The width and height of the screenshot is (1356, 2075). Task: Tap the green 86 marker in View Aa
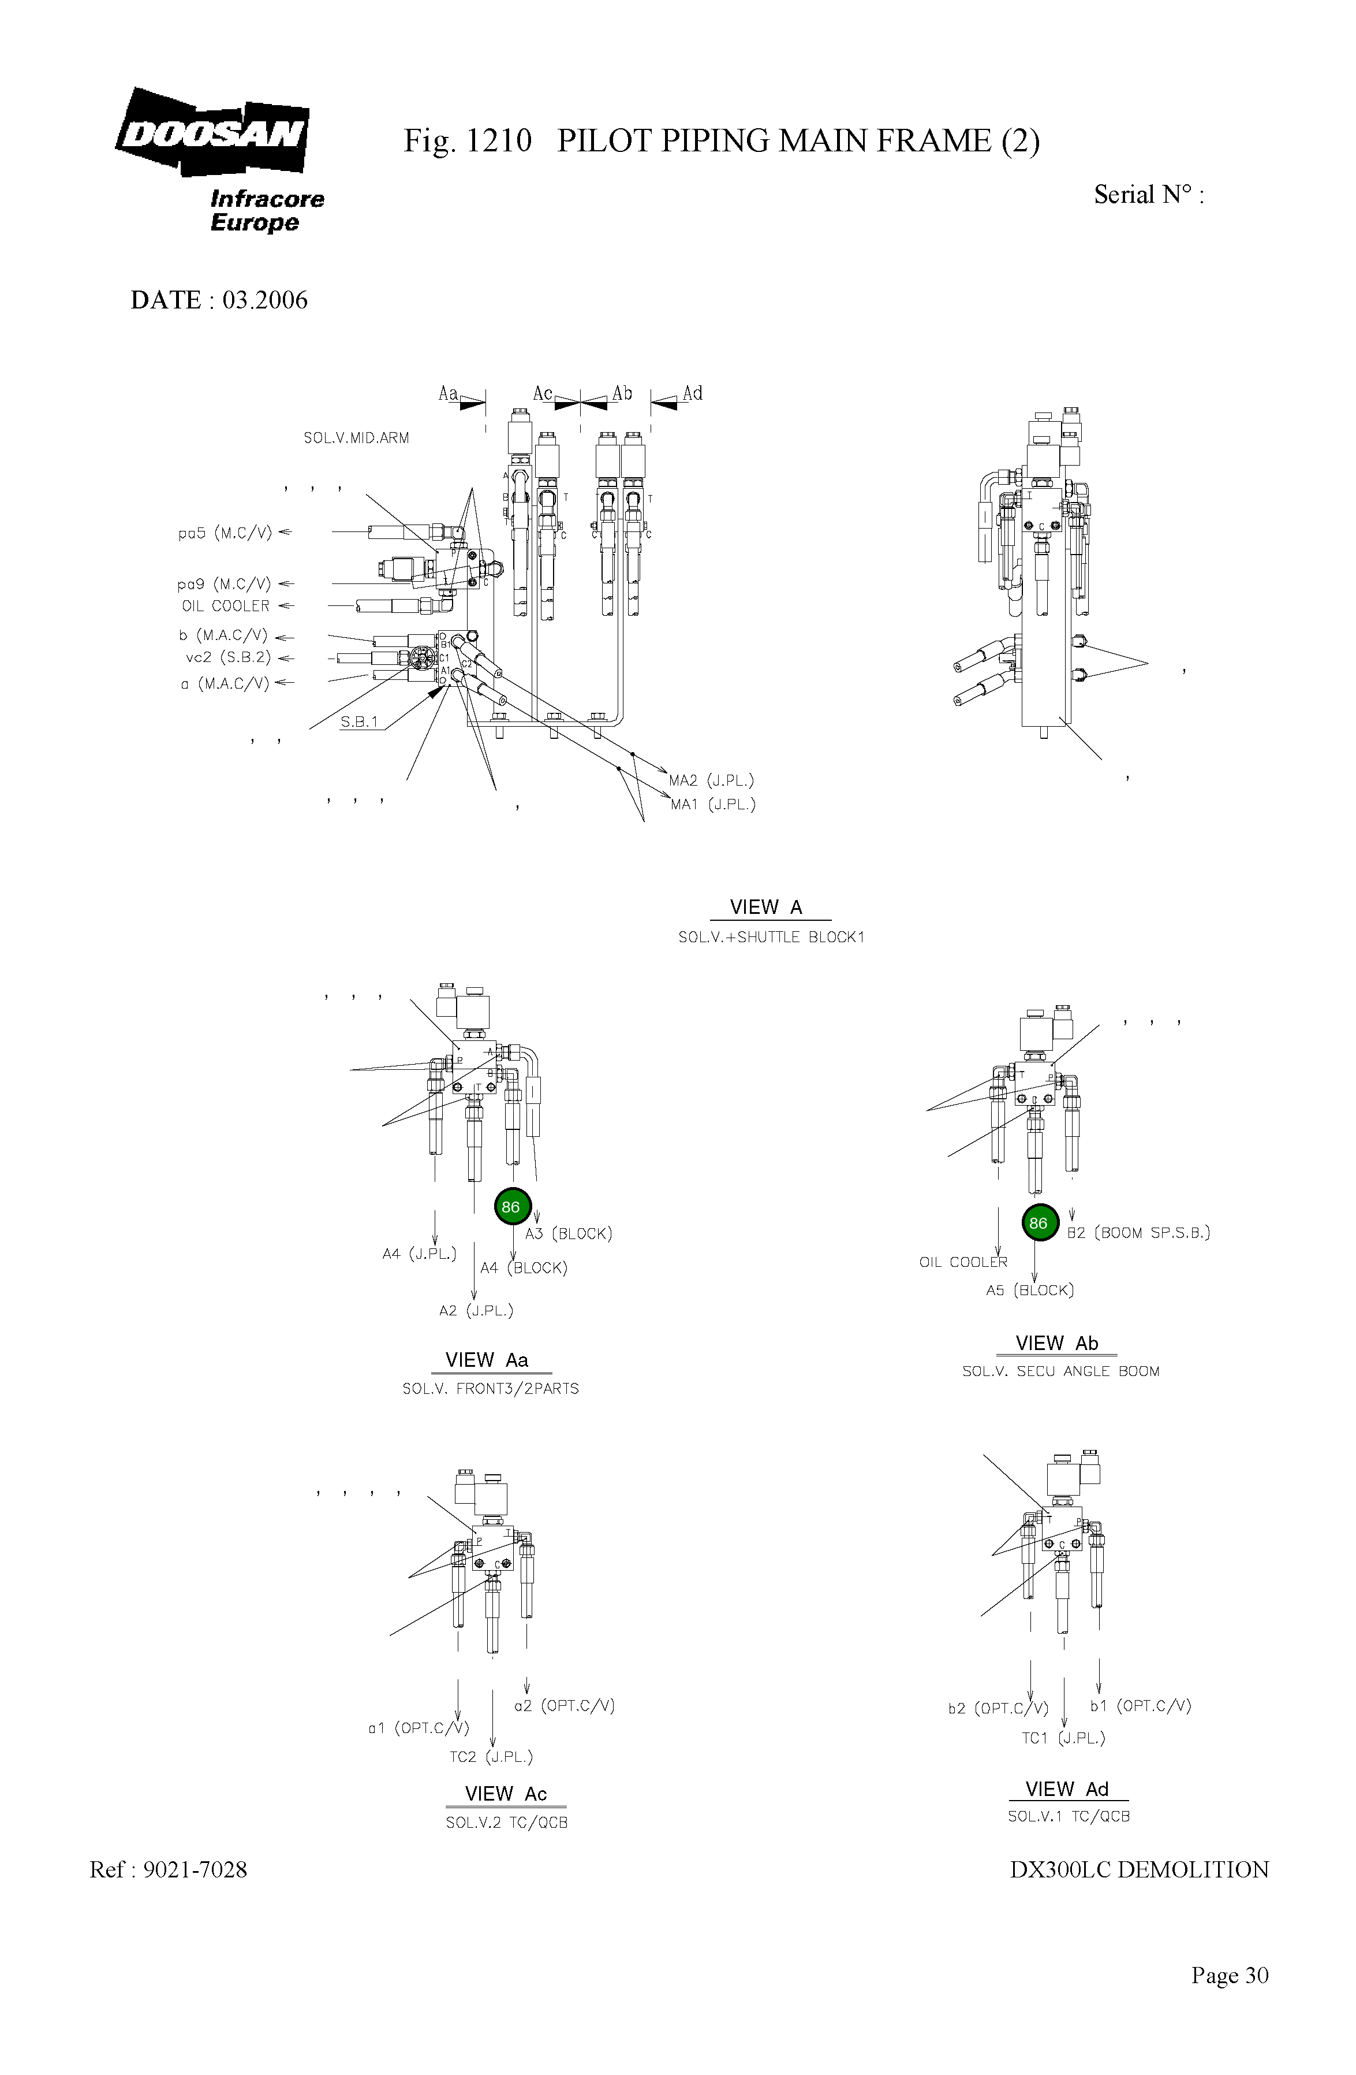pos(511,1207)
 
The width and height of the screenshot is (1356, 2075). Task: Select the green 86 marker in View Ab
pos(1039,1223)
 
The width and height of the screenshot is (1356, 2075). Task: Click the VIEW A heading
pos(766,908)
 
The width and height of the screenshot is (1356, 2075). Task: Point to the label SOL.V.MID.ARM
pos(356,438)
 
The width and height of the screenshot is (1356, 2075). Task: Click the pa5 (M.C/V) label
pos(225,533)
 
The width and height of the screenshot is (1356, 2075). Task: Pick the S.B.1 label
pos(359,722)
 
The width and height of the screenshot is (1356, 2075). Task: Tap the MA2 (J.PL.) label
pos(711,780)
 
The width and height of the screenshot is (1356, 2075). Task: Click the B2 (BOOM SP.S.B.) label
pos(1138,1233)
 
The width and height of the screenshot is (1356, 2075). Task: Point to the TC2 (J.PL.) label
pos(491,1757)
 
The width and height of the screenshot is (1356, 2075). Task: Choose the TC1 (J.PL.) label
pos(1063,1738)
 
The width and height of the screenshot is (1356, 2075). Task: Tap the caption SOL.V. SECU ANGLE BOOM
pos(1060,1371)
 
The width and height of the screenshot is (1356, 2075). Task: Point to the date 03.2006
pos(265,300)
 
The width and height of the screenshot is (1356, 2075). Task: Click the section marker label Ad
pos(693,393)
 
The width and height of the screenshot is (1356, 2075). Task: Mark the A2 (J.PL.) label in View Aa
pos(476,1310)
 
